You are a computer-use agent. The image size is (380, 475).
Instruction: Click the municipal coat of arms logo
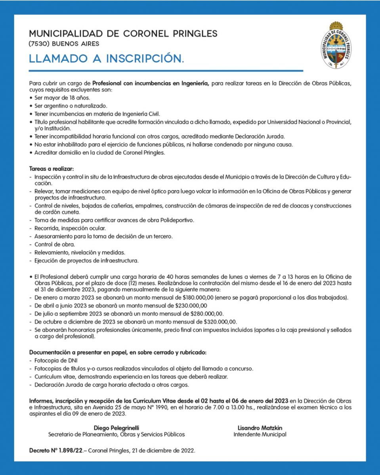tap(336, 46)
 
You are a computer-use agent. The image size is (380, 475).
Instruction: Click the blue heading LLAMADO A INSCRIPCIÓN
tap(107, 59)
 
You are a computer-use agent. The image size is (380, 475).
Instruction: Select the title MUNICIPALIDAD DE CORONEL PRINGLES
tap(123, 34)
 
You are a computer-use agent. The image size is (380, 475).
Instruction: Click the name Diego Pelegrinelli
tap(116, 427)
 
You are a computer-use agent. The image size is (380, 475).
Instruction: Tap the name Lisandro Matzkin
tap(260, 427)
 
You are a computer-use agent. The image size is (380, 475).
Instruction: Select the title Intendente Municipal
tap(260, 434)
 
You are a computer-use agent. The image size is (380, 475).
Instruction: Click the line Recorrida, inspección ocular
tap(70, 228)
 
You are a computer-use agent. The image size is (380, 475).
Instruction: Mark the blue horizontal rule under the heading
tap(166, 71)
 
